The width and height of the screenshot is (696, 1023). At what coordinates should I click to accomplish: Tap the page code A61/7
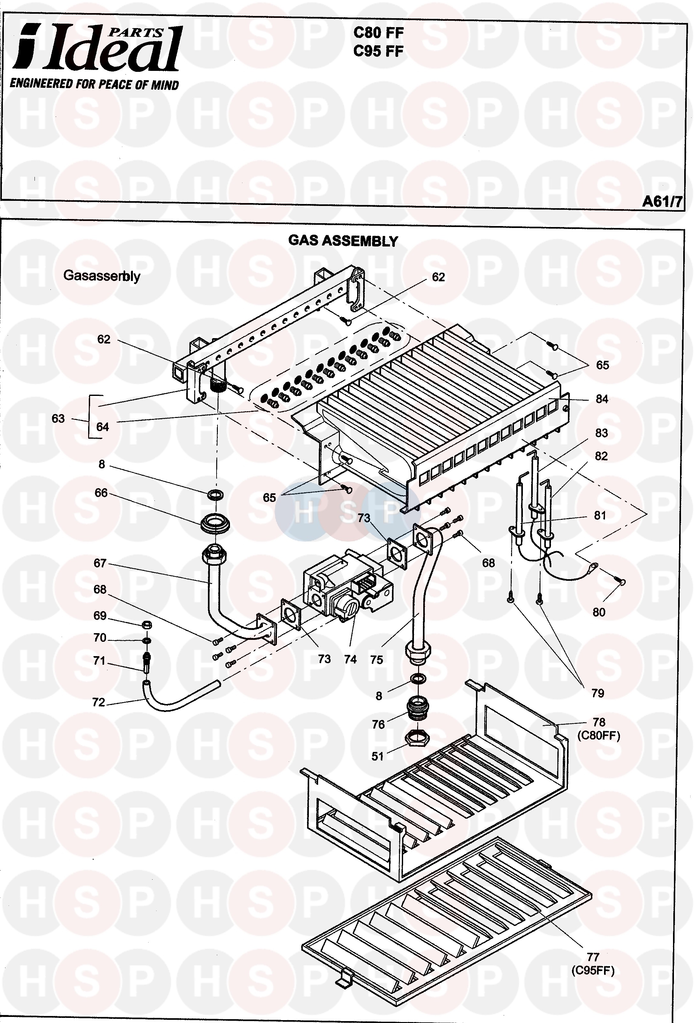point(662,201)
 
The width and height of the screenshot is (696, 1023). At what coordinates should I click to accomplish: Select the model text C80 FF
point(379,33)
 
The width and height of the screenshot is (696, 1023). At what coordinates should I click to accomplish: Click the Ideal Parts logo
point(97,49)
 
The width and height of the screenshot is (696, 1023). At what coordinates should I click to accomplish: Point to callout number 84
point(601,399)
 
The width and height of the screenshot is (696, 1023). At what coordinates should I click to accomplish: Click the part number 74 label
point(350,659)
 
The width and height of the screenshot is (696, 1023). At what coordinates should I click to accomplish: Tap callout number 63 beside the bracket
point(58,418)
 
